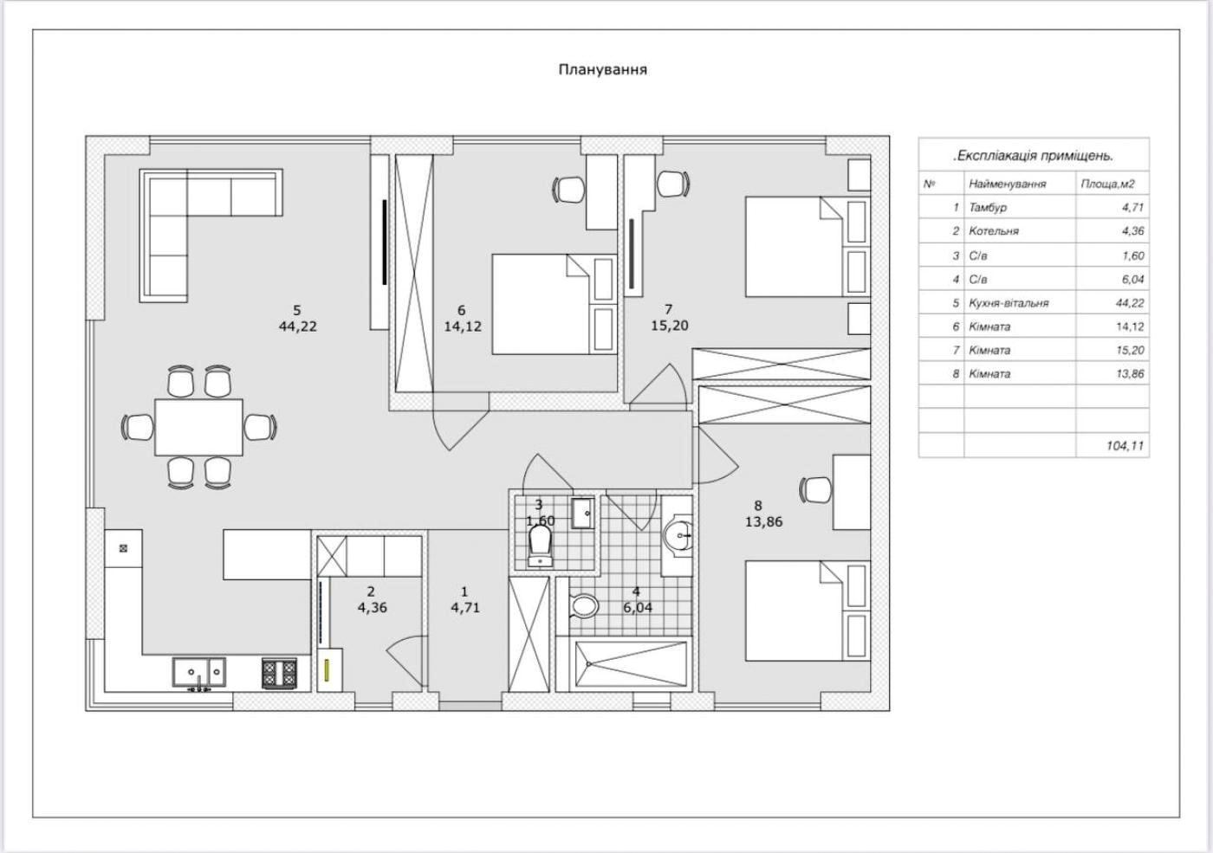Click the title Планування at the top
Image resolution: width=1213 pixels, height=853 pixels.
(602, 69)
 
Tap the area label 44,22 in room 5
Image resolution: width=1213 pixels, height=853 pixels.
(297, 326)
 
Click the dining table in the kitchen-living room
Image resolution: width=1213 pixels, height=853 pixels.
(198, 426)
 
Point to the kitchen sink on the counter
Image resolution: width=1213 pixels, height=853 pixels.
(198, 671)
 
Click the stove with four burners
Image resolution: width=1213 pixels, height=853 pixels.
(280, 673)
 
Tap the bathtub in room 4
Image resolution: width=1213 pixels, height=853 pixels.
(622, 664)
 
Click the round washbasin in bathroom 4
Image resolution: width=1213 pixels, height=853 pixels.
(678, 536)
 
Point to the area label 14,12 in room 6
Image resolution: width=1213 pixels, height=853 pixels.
(462, 326)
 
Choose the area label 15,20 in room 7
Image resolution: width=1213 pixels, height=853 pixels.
(669, 326)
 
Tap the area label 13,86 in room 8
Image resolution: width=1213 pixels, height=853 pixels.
(763, 521)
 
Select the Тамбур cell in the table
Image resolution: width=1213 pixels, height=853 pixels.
(988, 208)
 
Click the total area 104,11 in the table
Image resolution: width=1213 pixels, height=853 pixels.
(1125, 446)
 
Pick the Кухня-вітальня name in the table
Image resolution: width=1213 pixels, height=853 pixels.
(1009, 303)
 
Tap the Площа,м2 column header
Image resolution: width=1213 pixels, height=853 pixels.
(1107, 184)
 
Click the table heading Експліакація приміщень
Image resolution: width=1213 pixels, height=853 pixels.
(1033, 156)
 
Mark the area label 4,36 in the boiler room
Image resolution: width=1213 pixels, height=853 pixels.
(372, 607)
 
